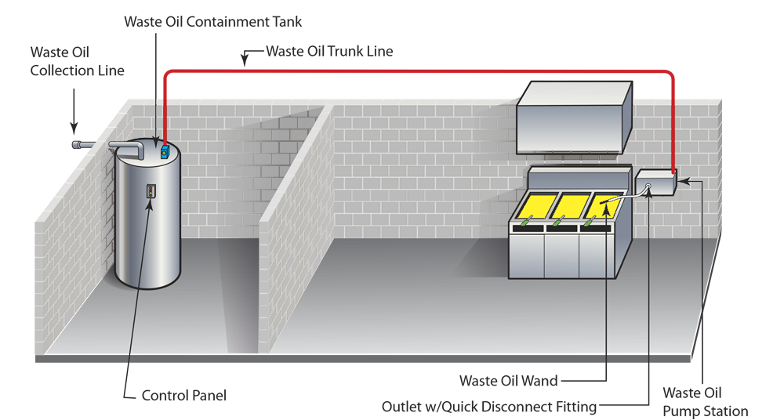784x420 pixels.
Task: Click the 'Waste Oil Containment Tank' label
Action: click(x=212, y=22)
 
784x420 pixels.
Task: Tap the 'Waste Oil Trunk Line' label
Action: click(x=329, y=52)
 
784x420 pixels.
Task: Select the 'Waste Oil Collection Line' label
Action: click(x=77, y=61)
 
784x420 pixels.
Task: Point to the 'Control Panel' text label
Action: click(x=183, y=396)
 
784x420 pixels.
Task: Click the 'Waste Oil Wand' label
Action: click(x=509, y=382)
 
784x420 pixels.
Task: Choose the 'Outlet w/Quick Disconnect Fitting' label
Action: click(x=488, y=407)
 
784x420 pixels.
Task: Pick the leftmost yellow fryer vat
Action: click(x=532, y=207)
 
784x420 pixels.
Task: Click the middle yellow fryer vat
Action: click(x=571, y=206)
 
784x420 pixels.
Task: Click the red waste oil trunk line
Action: click(x=416, y=71)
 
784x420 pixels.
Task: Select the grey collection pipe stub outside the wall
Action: click(x=81, y=145)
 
